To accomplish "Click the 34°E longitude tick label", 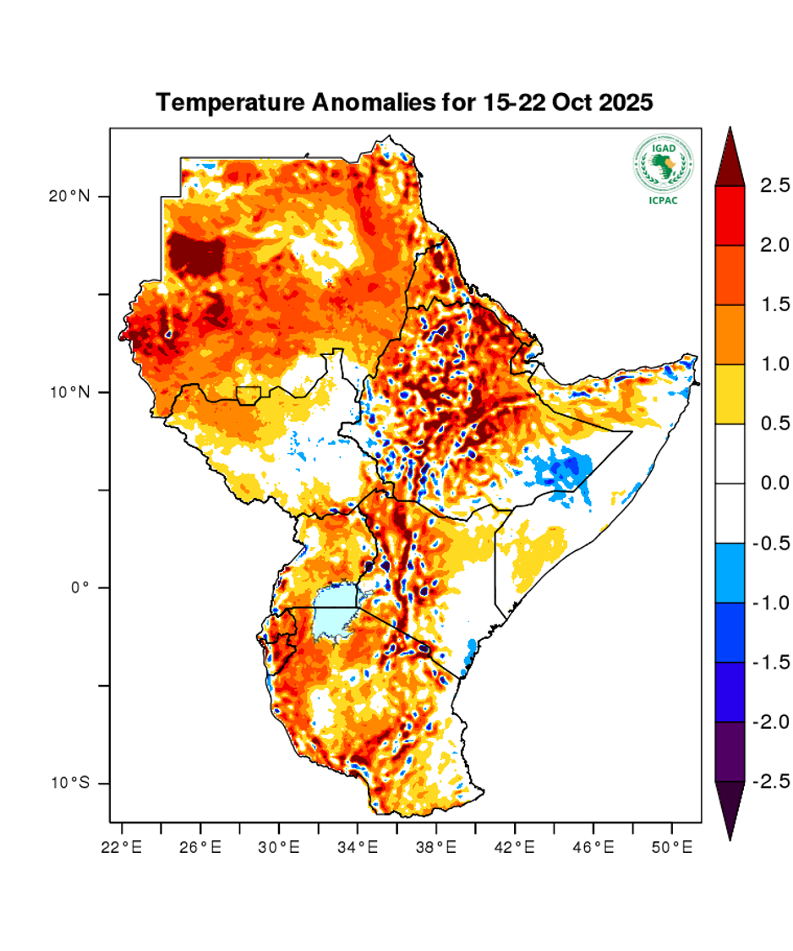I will pyautogui.click(x=358, y=845).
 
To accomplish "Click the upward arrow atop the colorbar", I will pyautogui.click(x=730, y=157).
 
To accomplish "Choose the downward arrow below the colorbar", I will pyautogui.click(x=730, y=809).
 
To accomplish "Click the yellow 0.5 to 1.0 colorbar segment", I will pyautogui.click(x=730, y=394).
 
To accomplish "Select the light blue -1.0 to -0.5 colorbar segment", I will pyautogui.click(x=730, y=572).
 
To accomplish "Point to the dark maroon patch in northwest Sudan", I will pyautogui.click(x=196, y=254).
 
